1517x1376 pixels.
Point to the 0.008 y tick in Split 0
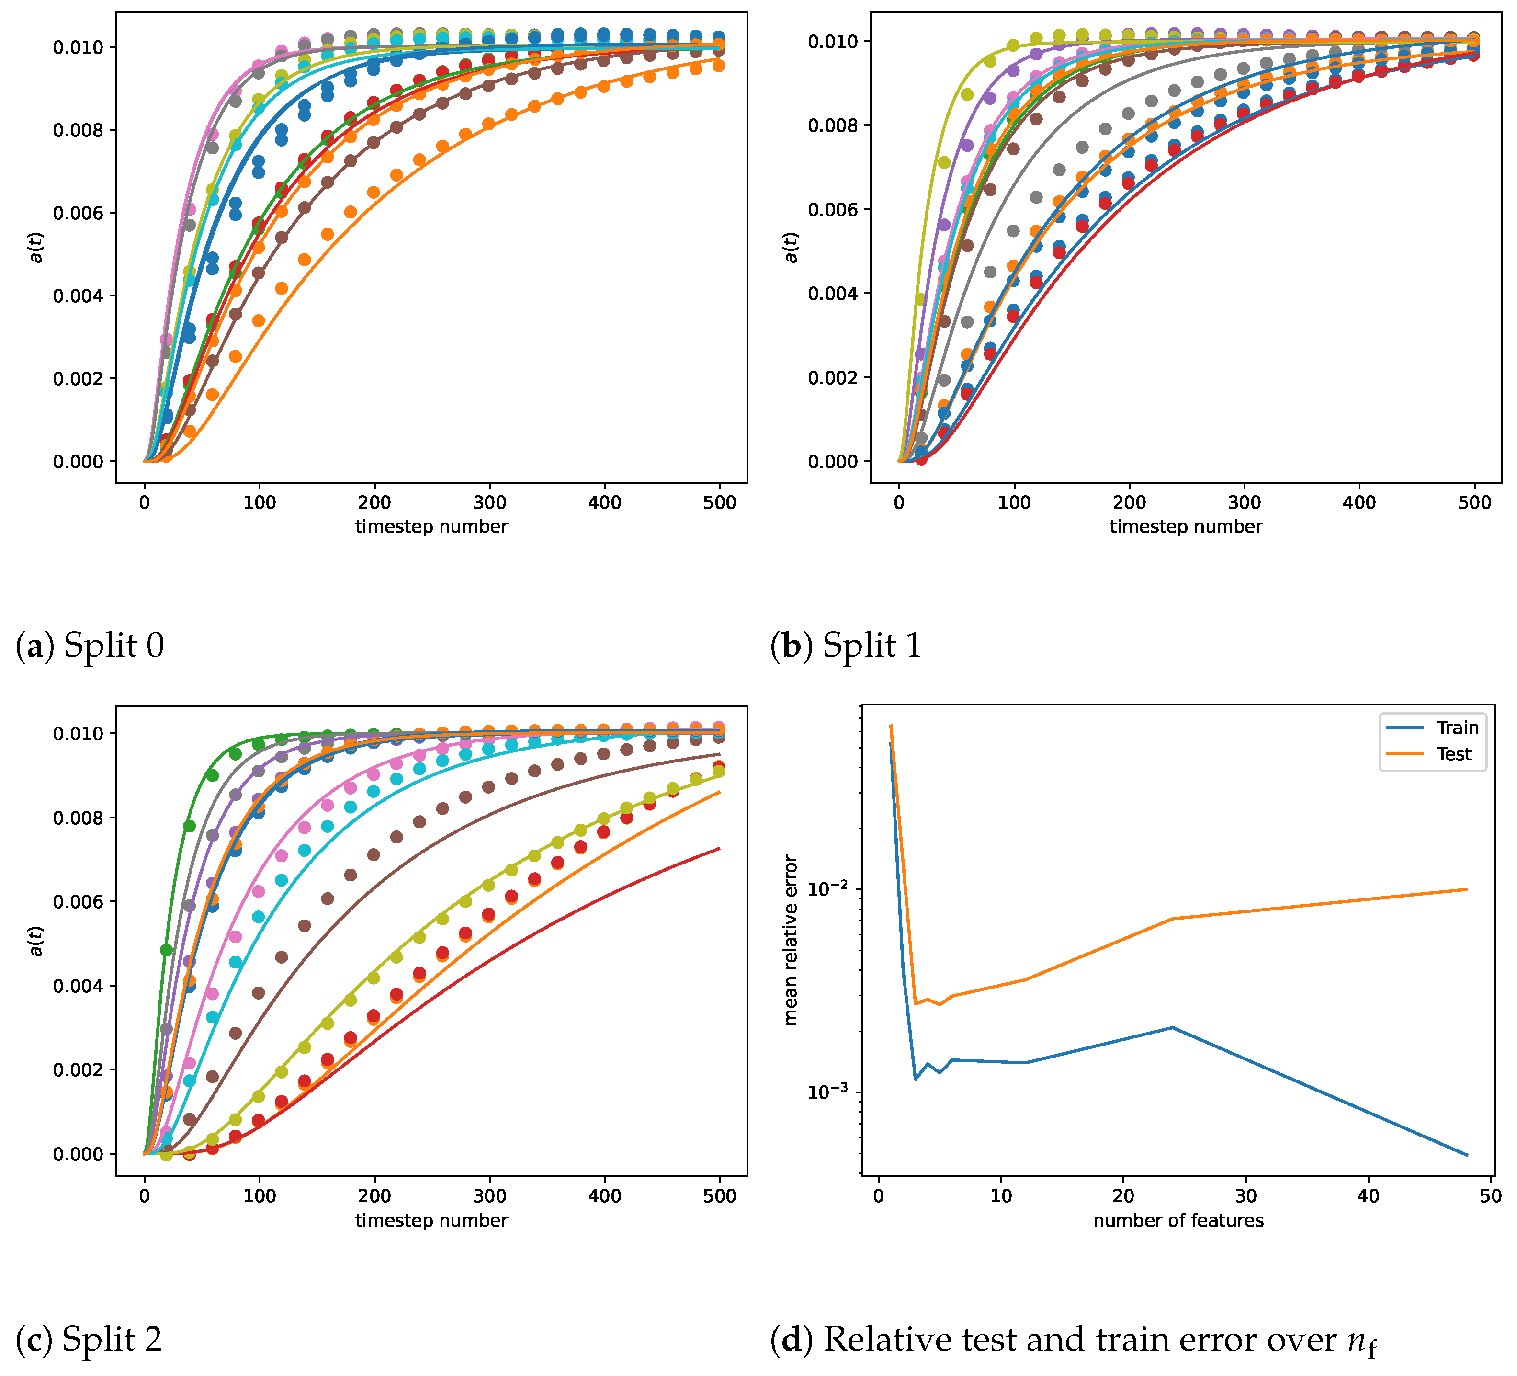(x=78, y=130)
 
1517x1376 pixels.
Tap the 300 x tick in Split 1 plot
(x=1244, y=502)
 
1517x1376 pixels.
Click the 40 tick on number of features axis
(x=1368, y=1196)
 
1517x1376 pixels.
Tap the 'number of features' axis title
(x=1178, y=1220)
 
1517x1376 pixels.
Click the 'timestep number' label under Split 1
(x=1186, y=526)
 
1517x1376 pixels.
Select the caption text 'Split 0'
(x=113, y=645)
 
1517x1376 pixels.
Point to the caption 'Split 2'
(x=112, y=1339)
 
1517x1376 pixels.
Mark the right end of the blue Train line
(x=1467, y=1155)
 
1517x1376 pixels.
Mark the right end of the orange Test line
(x=1467, y=889)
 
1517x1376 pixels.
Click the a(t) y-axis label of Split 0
(x=36, y=247)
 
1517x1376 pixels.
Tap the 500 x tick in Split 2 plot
(x=719, y=1196)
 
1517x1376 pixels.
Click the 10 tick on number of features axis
(x=1001, y=1196)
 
